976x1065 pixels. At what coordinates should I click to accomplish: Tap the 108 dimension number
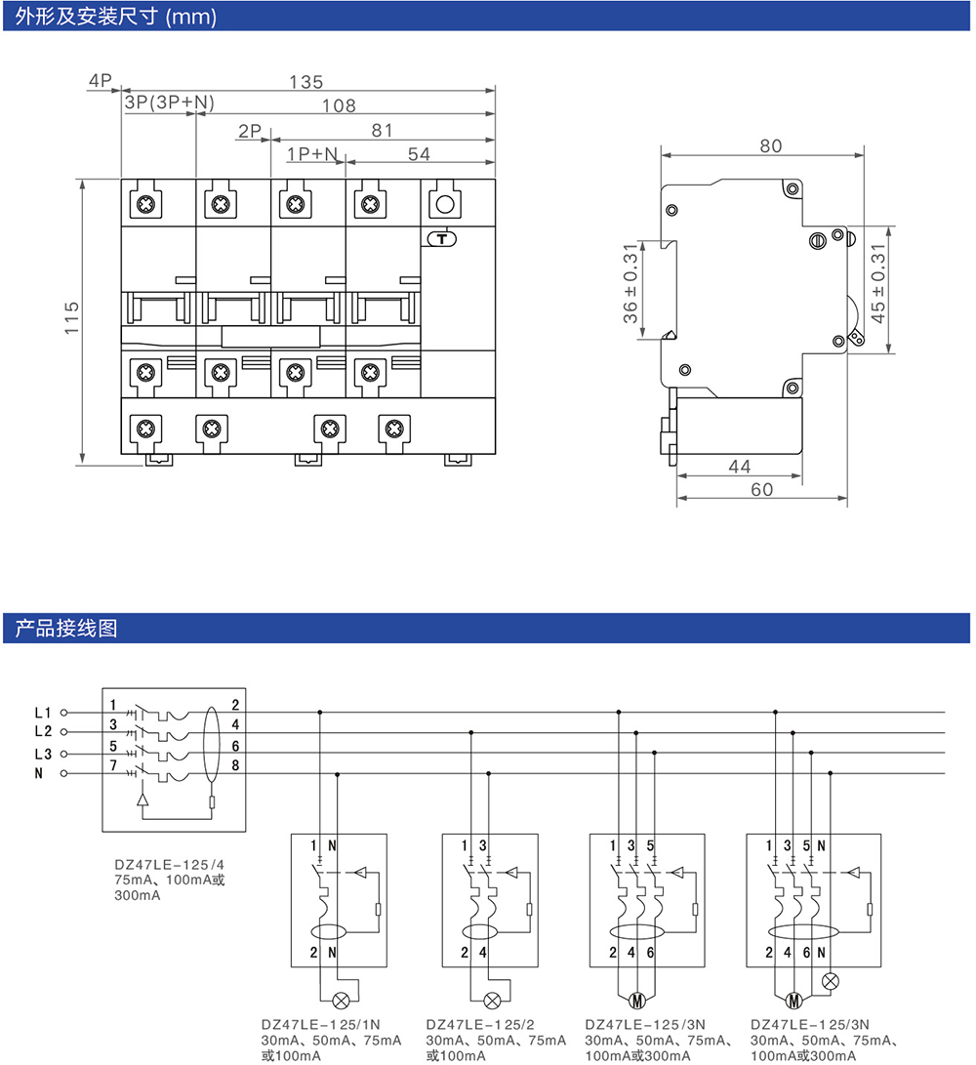point(339,105)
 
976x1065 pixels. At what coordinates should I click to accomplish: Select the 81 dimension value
point(382,130)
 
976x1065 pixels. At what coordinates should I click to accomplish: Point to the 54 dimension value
point(419,154)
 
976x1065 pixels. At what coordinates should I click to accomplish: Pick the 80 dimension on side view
point(771,146)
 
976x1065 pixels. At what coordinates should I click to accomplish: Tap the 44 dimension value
point(740,468)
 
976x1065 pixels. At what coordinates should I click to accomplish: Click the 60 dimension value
point(761,489)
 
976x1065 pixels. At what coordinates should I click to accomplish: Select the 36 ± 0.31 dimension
point(630,290)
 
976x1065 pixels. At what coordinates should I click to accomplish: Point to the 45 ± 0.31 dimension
point(877,290)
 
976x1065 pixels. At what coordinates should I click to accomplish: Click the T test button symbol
point(444,238)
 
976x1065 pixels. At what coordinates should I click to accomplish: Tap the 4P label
point(101,81)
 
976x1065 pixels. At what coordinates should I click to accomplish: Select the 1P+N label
point(312,154)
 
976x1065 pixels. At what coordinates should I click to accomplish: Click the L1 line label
point(42,712)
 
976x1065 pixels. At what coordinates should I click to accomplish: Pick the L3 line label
point(42,754)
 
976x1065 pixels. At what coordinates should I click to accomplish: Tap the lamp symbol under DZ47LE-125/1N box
point(344,1000)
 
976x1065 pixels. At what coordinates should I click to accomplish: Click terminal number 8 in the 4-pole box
point(236,766)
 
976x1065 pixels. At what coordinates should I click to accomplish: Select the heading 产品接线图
point(66,629)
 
